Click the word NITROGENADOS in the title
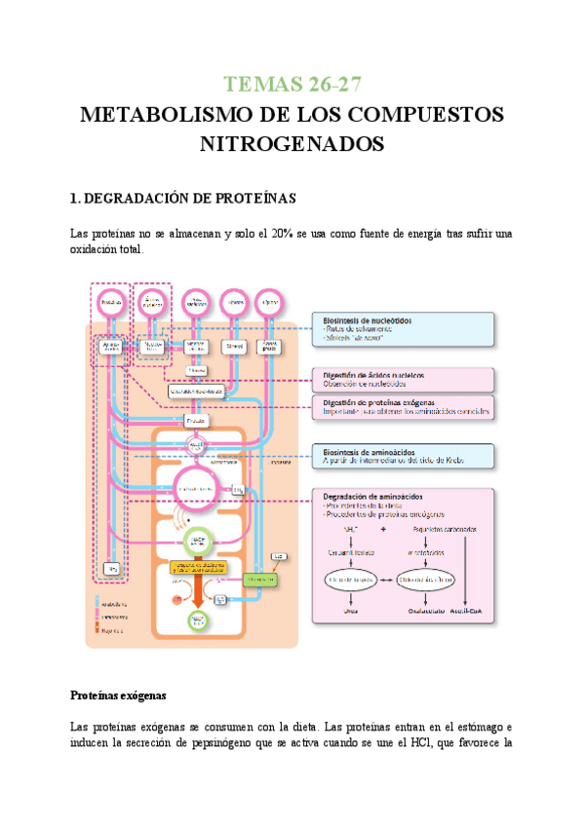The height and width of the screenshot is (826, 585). (x=292, y=144)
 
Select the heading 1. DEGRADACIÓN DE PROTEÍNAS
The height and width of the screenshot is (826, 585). (x=182, y=198)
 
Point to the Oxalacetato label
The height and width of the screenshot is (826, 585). (x=422, y=613)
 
